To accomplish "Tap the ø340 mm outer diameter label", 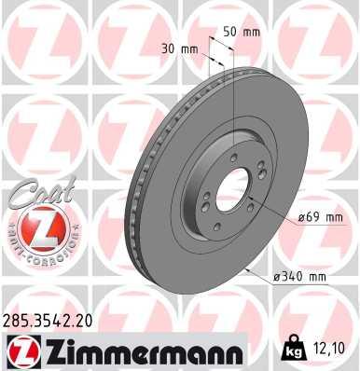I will [x=299, y=277].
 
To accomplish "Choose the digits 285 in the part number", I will [x=18, y=320].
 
